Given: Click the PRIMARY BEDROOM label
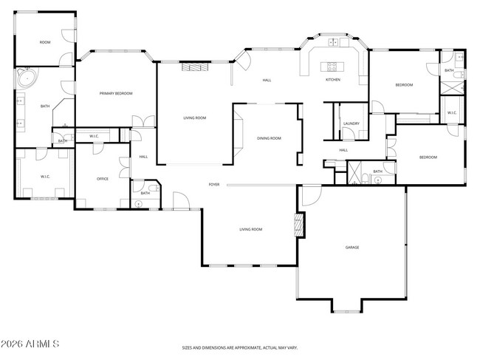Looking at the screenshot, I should (116, 93).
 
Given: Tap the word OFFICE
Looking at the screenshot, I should (103, 179).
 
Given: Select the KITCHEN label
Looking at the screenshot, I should (333, 80).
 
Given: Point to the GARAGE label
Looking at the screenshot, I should (352, 247).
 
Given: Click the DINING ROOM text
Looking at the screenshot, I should (269, 138).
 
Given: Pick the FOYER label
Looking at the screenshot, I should (214, 184).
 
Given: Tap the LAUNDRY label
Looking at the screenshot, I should (351, 123).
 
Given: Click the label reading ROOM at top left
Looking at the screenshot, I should (45, 43).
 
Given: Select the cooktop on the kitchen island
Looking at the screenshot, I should (333, 67).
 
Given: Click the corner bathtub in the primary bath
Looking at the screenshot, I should (27, 78).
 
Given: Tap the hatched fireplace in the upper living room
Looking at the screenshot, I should (196, 67).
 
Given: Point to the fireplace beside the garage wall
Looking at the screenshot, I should (299, 225).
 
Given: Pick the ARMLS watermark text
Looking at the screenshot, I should (30, 344).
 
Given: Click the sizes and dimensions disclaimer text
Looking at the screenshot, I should (241, 347).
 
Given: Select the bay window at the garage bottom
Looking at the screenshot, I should (346, 305).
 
